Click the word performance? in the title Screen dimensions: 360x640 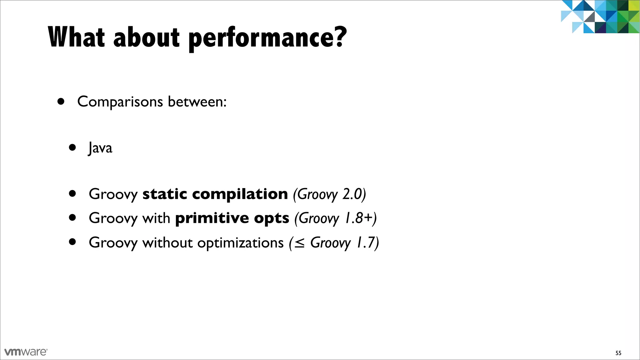point(267,37)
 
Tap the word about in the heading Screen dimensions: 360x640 point(147,37)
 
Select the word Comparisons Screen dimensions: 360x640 point(120,102)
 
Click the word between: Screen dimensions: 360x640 point(197,101)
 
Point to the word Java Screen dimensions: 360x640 point(100,148)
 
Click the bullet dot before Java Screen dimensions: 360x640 point(72,147)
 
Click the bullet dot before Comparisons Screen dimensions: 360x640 point(61,101)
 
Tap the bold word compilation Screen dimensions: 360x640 point(240,194)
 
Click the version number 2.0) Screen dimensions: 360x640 point(354,194)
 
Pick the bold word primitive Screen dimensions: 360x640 point(212,218)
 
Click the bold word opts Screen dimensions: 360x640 point(272,218)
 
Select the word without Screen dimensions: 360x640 point(167,242)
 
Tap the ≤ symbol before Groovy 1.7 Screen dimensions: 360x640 point(299,243)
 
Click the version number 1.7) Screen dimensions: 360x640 point(368,242)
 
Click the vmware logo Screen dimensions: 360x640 point(26,352)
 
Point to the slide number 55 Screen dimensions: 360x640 point(618,353)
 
